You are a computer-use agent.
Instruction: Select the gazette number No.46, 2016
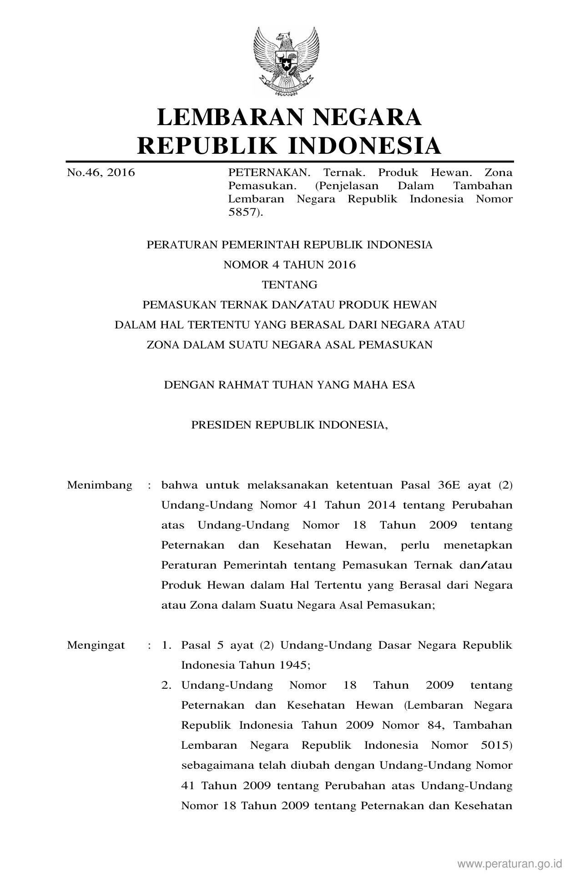101,173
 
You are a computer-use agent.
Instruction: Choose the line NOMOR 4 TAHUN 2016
289,265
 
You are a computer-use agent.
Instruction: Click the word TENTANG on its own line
289,285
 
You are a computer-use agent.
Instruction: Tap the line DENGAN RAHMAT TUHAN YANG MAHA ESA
289,385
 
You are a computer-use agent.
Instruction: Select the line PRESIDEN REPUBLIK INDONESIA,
289,425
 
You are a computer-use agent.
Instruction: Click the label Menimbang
100,485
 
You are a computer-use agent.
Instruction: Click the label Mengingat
96,645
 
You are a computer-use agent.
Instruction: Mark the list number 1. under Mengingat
166,645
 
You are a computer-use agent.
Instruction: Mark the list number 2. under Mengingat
166,685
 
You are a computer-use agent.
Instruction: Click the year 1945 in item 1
293,665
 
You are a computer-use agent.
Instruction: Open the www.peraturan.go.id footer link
510,863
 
